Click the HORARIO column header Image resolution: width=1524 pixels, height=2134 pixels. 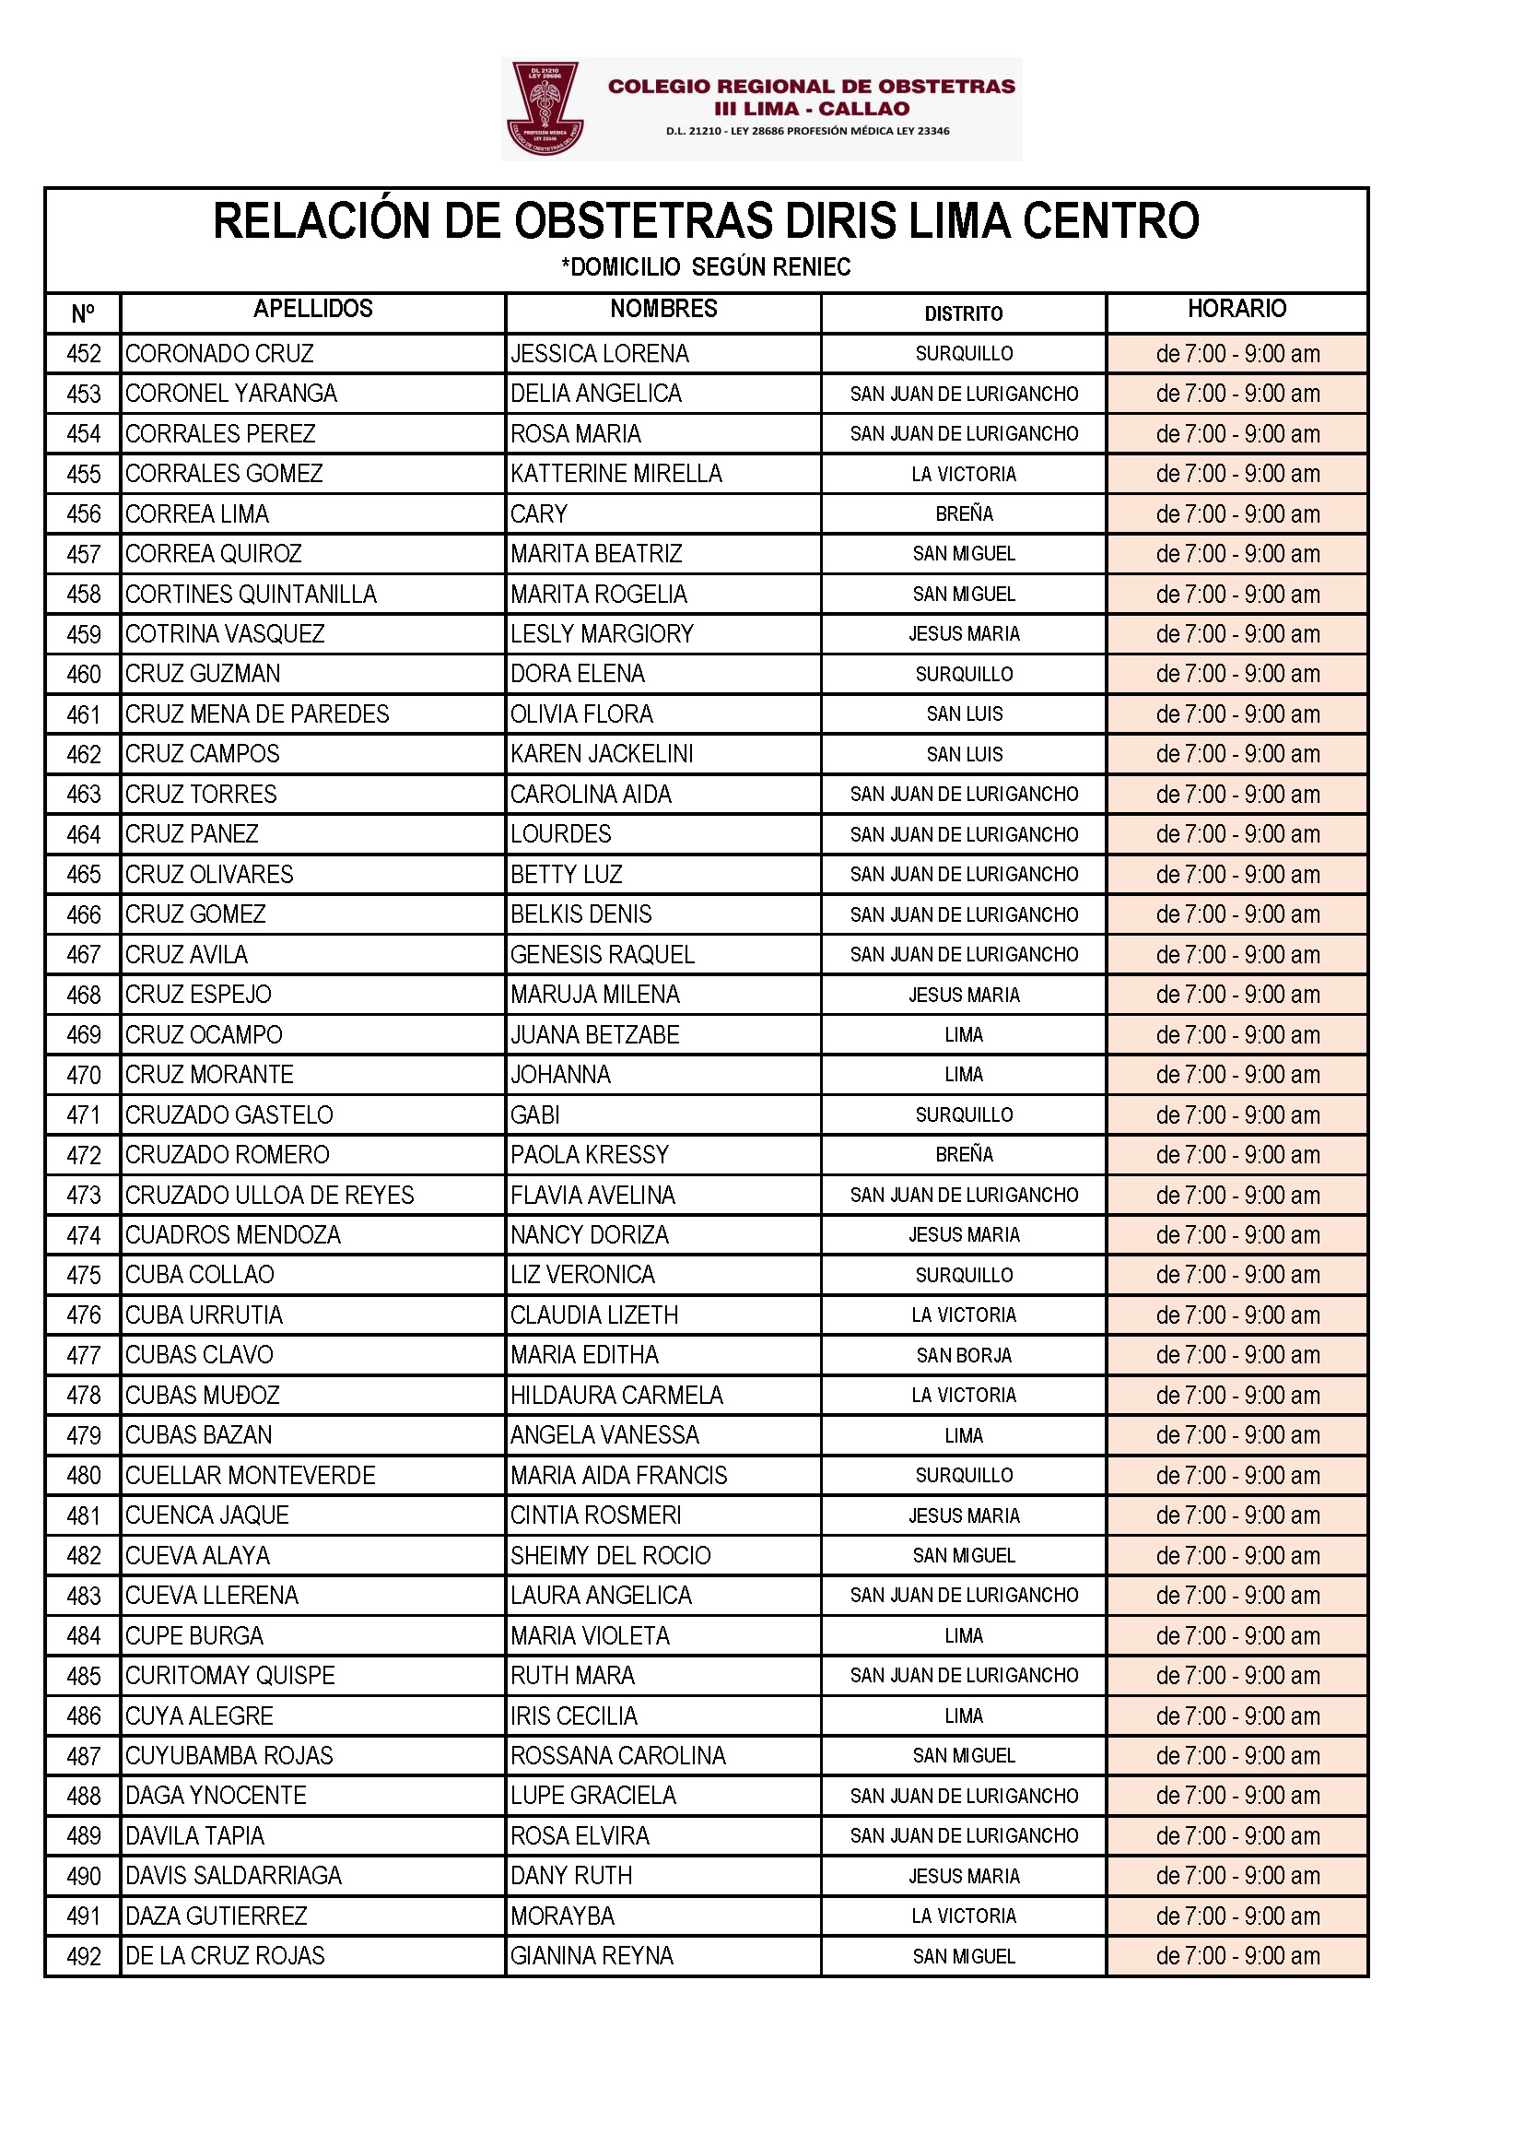coord(1236,309)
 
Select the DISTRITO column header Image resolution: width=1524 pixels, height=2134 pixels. coord(963,313)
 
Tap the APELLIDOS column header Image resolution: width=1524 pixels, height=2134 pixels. coord(312,309)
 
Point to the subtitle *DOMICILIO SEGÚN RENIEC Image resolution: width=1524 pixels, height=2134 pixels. coord(706,267)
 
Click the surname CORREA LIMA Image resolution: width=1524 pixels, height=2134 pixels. coord(197,514)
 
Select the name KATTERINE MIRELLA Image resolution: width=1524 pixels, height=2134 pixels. coord(615,474)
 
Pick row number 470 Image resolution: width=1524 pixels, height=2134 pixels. coord(84,1075)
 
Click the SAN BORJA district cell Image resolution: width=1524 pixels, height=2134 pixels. coord(964,1356)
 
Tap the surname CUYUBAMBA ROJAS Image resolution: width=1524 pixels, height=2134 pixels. coord(229,1756)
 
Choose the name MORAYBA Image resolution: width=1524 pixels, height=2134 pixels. coord(562,1916)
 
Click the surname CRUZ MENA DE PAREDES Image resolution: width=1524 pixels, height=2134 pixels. coord(257,714)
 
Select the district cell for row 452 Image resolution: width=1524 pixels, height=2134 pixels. coord(964,354)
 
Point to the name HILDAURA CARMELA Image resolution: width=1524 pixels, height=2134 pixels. coord(616,1395)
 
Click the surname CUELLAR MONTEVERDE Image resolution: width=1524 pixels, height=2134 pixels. coord(251,1476)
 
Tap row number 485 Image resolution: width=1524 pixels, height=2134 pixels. coord(84,1676)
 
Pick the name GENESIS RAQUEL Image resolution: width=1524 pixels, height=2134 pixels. coord(602,955)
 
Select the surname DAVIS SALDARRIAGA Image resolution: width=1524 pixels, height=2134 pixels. coord(234,1876)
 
